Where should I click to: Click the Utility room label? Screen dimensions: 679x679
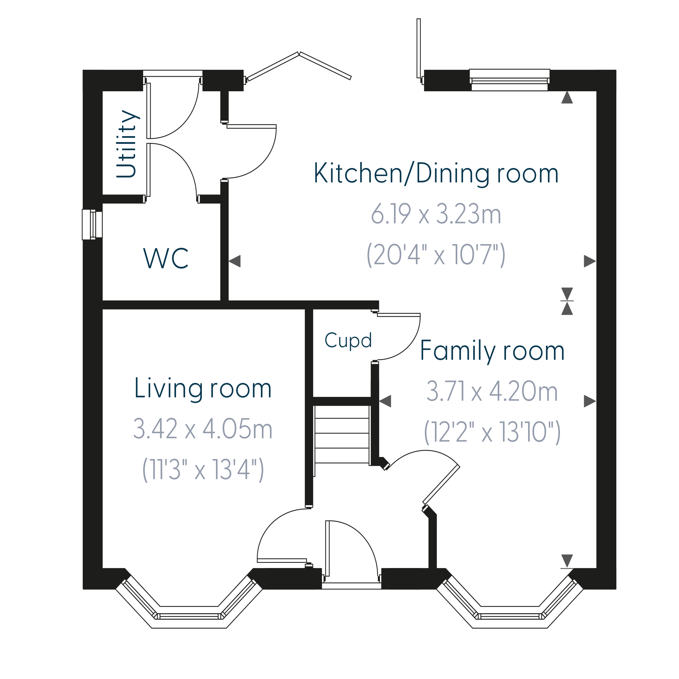pyautogui.click(x=126, y=144)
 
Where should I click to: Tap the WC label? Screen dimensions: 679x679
pyautogui.click(x=166, y=259)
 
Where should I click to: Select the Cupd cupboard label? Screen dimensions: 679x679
pyautogui.click(x=348, y=341)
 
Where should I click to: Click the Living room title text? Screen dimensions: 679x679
pyautogui.click(x=203, y=389)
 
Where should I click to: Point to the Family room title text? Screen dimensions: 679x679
pyautogui.click(x=492, y=351)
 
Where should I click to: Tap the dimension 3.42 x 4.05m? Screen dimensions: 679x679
pyautogui.click(x=203, y=429)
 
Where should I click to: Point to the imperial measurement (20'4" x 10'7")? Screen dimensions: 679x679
pyautogui.click(x=436, y=254)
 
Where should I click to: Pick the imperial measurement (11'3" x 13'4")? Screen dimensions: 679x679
pyautogui.click(x=203, y=469)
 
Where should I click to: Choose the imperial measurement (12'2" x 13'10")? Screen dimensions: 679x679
pyautogui.click(x=492, y=432)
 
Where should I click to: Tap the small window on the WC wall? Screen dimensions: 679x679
pyautogui.click(x=92, y=225)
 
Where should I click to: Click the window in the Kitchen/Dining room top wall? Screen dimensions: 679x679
pyautogui.click(x=510, y=80)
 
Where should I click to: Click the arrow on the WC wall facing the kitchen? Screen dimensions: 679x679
pyautogui.click(x=234, y=261)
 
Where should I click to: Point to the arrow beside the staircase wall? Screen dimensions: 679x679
pyautogui.click(x=385, y=401)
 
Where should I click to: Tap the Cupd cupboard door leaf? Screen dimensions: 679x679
pyautogui.click(x=399, y=315)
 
